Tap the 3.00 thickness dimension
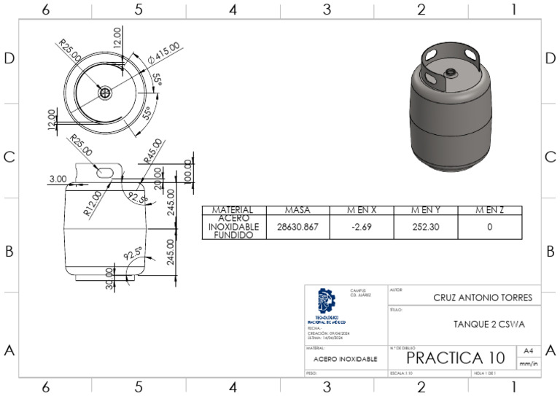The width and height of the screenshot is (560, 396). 58,179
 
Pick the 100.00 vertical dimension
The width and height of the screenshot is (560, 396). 187,170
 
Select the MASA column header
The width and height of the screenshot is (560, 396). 297,211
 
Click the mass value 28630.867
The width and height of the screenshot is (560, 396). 297,227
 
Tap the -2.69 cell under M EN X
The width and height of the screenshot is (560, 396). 361,227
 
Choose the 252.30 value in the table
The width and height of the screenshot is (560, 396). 425,227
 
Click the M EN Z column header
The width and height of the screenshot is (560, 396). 489,211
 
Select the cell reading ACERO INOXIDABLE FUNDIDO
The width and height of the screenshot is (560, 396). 233,227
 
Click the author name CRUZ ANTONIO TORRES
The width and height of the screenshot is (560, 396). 482,298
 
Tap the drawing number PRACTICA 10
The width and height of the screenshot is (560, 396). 455,358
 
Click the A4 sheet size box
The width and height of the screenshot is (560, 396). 529,351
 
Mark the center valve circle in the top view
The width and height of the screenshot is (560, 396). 106,93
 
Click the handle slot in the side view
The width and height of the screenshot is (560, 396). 106,170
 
